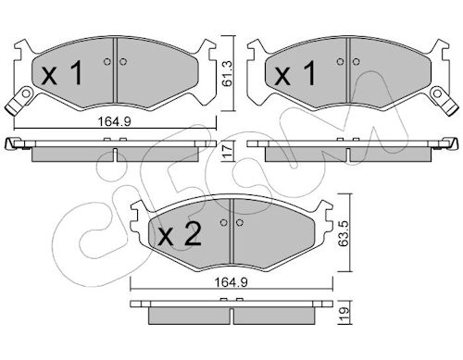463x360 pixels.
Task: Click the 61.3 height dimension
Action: [227, 74]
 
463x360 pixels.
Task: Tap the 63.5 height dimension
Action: [344, 232]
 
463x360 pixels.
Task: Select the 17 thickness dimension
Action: [227, 151]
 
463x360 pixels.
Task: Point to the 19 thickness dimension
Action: [344, 313]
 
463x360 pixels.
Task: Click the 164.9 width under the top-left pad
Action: [115, 121]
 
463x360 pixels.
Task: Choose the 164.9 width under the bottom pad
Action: [231, 282]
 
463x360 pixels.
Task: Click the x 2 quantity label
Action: [180, 234]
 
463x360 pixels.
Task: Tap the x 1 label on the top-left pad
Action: [62, 73]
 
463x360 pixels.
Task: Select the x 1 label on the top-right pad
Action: [295, 73]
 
